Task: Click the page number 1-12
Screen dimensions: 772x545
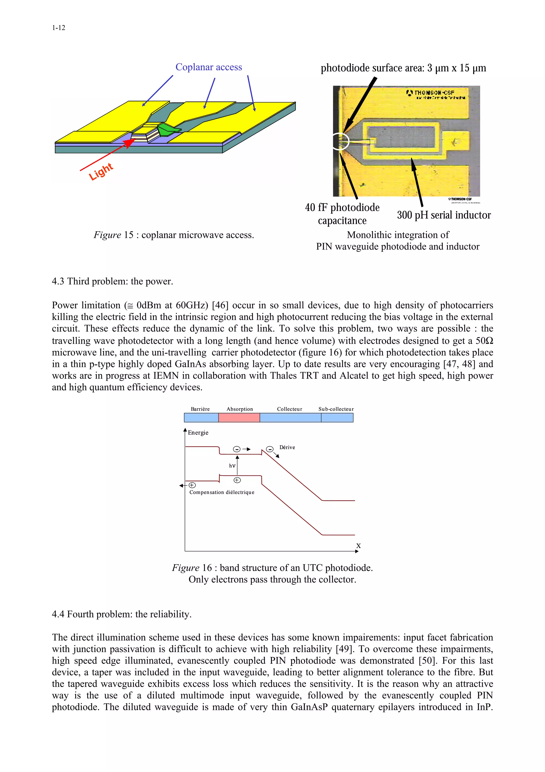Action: [x=59, y=28]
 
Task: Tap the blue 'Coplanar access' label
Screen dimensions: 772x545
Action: [x=209, y=67]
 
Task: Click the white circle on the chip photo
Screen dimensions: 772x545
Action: [x=341, y=141]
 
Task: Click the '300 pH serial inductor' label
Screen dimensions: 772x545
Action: [x=444, y=215]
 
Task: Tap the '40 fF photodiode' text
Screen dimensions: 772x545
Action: [x=342, y=208]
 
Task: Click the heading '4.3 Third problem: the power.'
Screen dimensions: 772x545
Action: [x=113, y=281]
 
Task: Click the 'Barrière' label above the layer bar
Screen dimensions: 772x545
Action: [x=200, y=409]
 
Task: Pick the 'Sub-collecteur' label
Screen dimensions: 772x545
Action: [x=336, y=409]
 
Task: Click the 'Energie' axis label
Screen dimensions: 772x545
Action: [x=198, y=432]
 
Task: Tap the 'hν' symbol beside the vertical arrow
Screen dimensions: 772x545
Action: [x=232, y=466]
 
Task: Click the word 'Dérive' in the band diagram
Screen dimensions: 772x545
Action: [x=287, y=447]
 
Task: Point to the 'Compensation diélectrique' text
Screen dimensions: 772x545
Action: [x=222, y=492]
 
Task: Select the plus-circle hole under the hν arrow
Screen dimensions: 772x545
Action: [x=237, y=480]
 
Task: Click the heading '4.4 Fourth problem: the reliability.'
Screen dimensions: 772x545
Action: [x=122, y=614]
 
